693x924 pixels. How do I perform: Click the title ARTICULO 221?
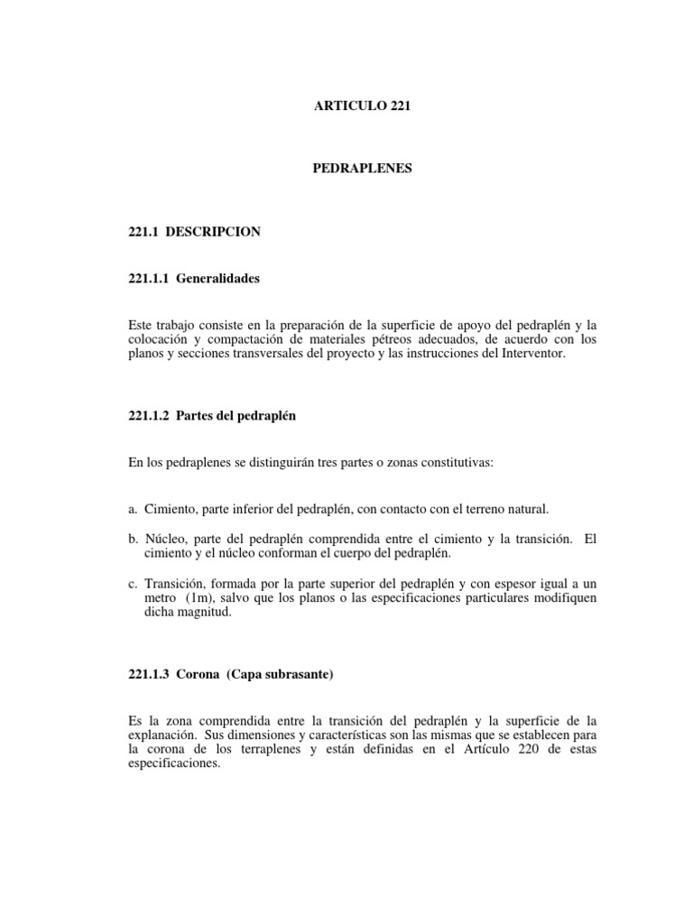[x=362, y=106]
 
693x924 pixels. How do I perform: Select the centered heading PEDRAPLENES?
[x=362, y=169]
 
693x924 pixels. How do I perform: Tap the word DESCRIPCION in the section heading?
[x=219, y=232]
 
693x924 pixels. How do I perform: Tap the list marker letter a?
[x=134, y=511]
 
